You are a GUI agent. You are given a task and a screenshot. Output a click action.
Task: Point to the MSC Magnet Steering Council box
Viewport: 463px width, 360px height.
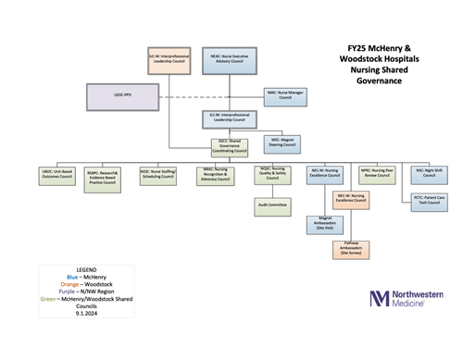278,143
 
